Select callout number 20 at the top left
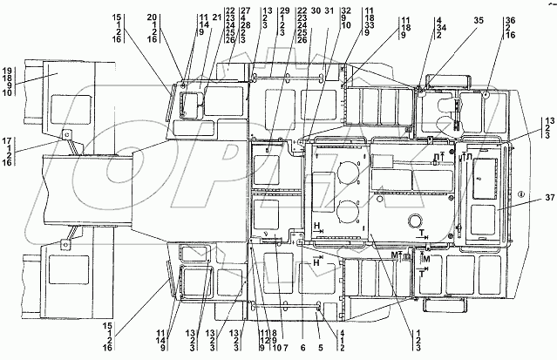click(x=152, y=17)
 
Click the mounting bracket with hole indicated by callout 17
click(x=64, y=135)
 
